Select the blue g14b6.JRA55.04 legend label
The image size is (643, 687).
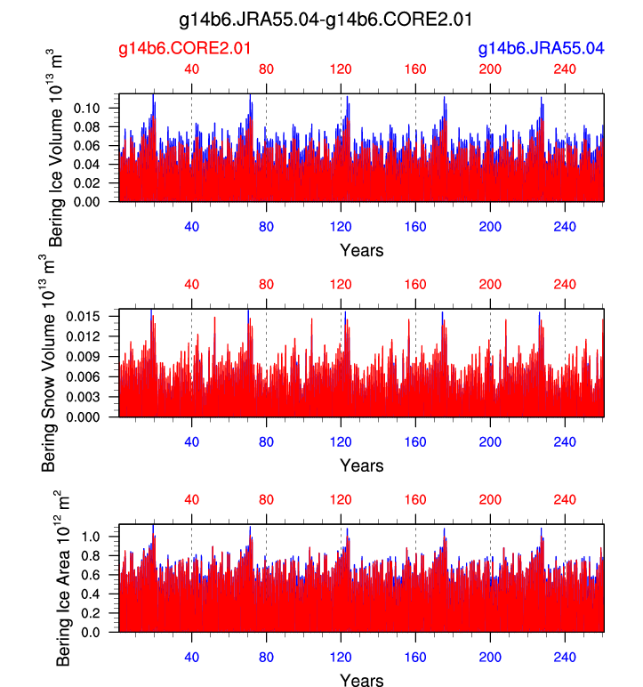pos(541,48)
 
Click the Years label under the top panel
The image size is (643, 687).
pos(361,250)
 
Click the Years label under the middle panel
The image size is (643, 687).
pos(361,465)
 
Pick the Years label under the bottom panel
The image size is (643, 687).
pos(361,681)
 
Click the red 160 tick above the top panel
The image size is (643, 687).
pos(414,69)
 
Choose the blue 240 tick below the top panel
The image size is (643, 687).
pos(564,226)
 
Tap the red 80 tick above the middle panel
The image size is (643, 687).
pos(265,285)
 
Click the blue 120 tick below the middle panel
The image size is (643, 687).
pos(340,441)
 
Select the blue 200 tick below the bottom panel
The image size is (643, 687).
pos(489,657)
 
